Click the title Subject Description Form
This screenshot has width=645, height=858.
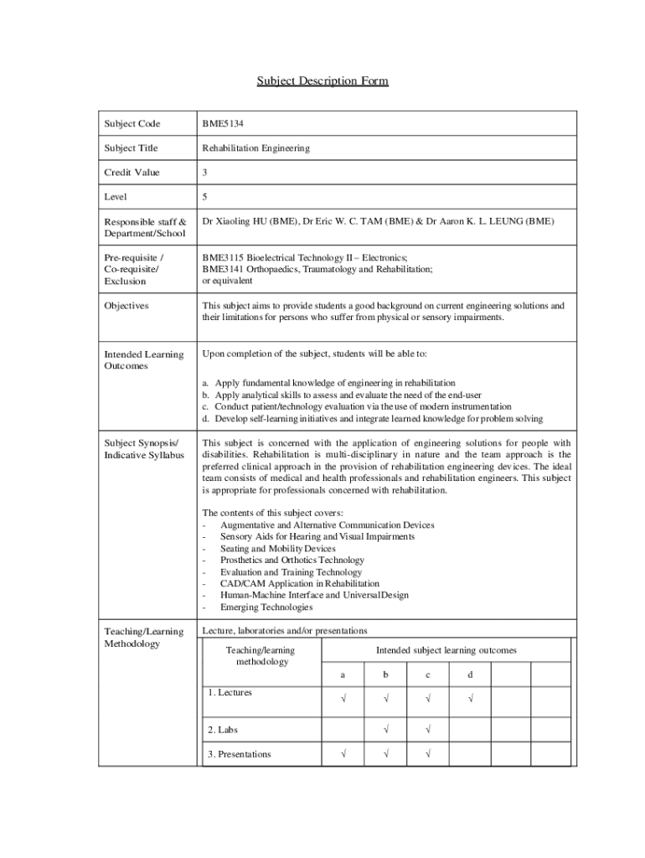(x=322, y=81)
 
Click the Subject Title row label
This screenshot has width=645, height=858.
(x=131, y=148)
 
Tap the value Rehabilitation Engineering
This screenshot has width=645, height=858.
(x=255, y=148)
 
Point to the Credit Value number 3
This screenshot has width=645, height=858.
(x=204, y=173)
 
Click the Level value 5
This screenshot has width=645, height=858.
(x=204, y=197)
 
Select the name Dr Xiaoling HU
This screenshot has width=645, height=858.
(x=237, y=221)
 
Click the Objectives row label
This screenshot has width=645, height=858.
(x=126, y=306)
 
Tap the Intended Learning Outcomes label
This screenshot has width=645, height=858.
(x=143, y=360)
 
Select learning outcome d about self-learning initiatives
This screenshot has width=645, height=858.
(x=373, y=418)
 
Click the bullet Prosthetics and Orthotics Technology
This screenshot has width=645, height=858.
(x=292, y=560)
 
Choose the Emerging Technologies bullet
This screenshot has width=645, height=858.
(x=266, y=607)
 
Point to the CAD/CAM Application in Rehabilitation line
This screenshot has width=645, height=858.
(x=299, y=583)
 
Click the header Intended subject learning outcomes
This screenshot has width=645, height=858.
(x=446, y=650)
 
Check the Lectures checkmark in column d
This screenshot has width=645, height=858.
(x=470, y=699)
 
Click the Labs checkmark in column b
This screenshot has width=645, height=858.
(x=385, y=730)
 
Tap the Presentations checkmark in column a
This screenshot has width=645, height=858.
(x=343, y=754)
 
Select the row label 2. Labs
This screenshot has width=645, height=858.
(x=223, y=730)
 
